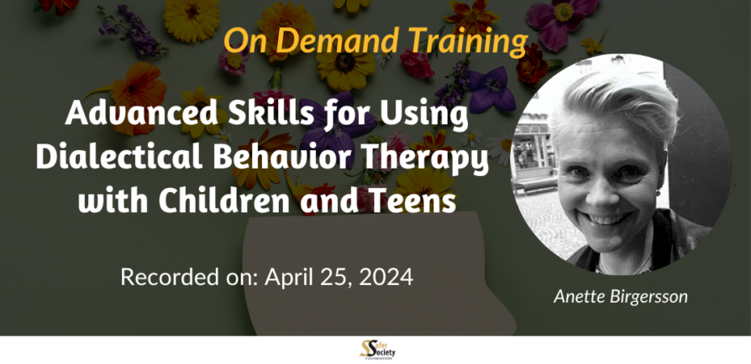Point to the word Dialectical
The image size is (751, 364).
click(121, 159)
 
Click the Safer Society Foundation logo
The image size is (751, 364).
click(377, 350)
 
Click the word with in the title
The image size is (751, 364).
click(114, 200)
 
